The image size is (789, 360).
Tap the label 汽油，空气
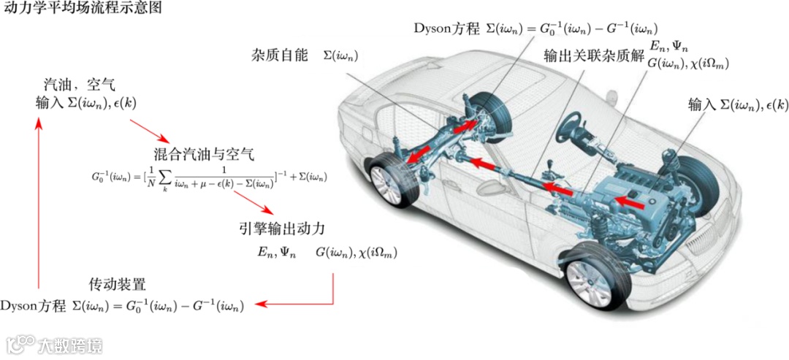pyautogui.click(x=85, y=86)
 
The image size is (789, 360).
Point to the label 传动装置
pyautogui.click(x=118, y=283)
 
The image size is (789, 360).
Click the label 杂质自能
pyautogui.click(x=281, y=56)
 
